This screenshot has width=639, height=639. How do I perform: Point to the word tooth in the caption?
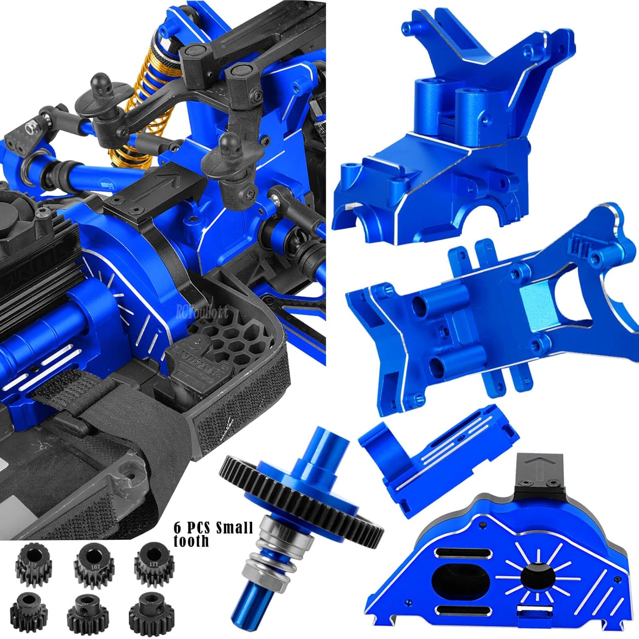click(x=191, y=541)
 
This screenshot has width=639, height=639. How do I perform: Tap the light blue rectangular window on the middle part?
click(x=538, y=303)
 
